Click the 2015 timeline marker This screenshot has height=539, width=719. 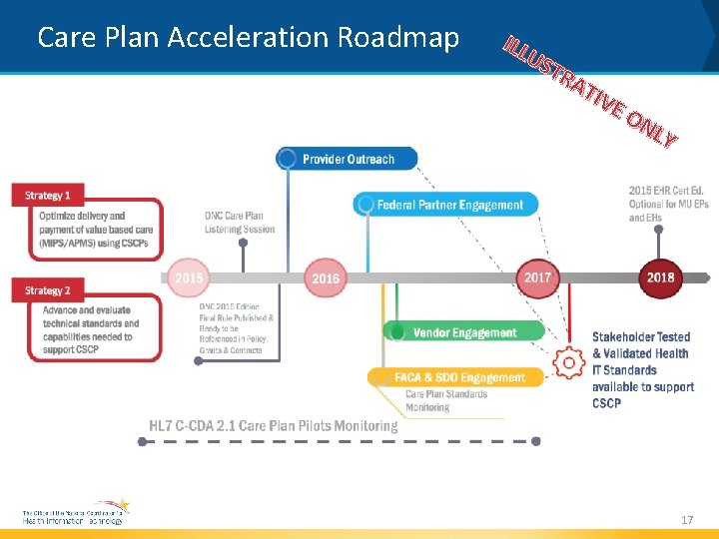click(189, 277)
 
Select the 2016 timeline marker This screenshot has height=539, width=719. click(326, 277)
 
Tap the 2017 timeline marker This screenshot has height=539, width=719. click(538, 276)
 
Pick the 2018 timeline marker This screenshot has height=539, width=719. click(660, 276)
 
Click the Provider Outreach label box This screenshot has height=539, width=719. click(347, 159)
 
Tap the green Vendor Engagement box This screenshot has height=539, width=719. click(463, 331)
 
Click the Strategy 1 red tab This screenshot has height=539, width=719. click(48, 196)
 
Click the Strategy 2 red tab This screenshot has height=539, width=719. click(48, 290)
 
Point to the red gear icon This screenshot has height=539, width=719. click(569, 363)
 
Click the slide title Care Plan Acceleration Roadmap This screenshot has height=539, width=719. click(248, 38)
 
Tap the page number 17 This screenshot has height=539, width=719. click(686, 520)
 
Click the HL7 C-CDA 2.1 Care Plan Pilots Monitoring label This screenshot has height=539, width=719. click(273, 426)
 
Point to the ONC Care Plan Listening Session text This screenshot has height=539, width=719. click(239, 222)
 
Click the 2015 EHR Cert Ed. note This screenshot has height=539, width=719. click(668, 204)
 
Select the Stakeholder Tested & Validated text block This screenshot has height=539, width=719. click(642, 370)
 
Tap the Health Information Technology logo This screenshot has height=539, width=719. click(76, 513)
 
